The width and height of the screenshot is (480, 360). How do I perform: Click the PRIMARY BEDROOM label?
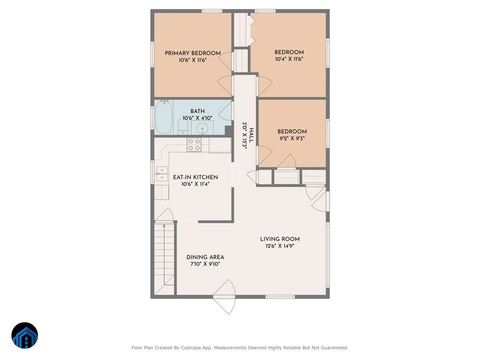[193, 53]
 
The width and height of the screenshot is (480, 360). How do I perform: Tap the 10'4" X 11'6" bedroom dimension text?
[289, 59]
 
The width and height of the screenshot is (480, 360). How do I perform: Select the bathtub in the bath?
[164, 116]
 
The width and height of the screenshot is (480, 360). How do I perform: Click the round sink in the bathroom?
[202, 128]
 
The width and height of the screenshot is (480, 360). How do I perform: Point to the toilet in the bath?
[183, 127]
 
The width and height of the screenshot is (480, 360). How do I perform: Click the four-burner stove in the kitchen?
[194, 145]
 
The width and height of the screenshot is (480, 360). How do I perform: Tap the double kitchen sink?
[162, 174]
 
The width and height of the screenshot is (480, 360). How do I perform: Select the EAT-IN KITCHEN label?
[196, 177]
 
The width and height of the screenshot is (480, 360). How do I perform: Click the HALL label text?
[252, 136]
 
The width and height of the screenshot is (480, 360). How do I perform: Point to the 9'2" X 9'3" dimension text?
[292, 138]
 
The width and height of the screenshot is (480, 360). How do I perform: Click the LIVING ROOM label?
[280, 239]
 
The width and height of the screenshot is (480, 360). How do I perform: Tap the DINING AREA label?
[205, 257]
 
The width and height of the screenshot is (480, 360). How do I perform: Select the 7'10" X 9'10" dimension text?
[205, 264]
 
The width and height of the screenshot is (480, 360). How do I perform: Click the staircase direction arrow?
[164, 254]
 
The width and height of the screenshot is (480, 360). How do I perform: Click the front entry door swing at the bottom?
[224, 297]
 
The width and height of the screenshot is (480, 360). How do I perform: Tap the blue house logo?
[25, 335]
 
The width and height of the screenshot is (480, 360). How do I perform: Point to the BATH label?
[198, 111]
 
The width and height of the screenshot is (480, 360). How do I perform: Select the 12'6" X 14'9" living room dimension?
[280, 246]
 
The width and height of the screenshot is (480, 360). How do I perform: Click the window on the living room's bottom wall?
[280, 297]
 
